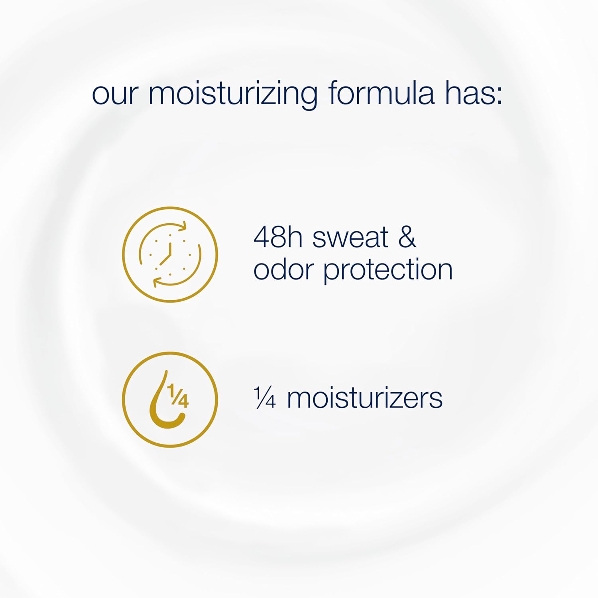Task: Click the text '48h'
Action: point(275,238)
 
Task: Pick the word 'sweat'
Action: point(350,238)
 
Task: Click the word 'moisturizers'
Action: point(364,398)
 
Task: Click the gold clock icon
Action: point(170,254)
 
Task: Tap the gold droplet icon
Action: point(170,399)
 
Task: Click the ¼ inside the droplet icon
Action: point(178,395)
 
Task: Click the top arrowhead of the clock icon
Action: point(183,226)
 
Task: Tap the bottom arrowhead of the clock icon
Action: point(157,282)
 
